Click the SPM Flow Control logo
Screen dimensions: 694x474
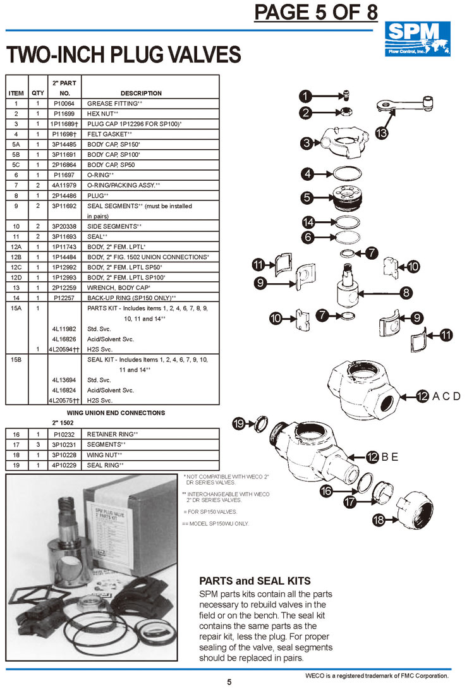pos(418,39)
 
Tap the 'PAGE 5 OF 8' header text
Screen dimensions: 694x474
pos(315,12)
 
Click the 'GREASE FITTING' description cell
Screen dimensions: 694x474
pos(114,102)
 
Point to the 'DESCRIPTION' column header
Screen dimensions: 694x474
pos(140,93)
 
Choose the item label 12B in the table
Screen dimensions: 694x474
pos(16,257)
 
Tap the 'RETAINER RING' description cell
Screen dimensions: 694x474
pos(112,435)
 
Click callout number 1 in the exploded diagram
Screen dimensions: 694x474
pos(306,96)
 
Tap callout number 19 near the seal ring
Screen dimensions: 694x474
pos(240,424)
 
